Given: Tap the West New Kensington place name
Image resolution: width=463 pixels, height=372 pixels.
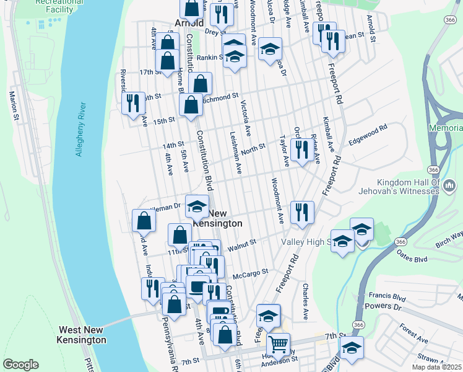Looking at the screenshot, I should (82, 335).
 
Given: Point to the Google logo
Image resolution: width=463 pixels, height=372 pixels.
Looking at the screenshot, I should (21, 364).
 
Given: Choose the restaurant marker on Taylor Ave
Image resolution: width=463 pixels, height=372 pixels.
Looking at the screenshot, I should (301, 149).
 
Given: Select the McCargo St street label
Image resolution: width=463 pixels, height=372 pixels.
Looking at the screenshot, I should (250, 272).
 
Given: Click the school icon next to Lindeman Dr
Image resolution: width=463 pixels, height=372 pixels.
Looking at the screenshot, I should (197, 206).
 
